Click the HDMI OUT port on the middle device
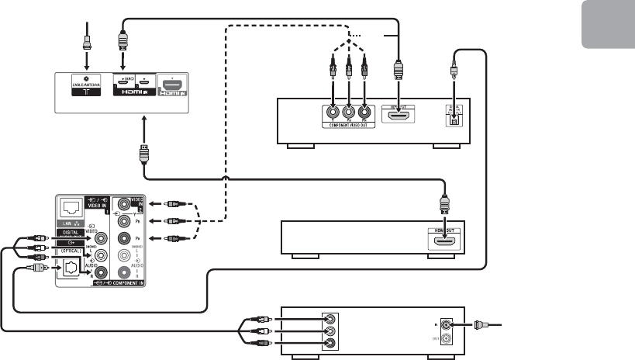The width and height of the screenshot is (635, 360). (x=444, y=243)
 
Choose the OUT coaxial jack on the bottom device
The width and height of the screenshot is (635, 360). (x=446, y=338)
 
